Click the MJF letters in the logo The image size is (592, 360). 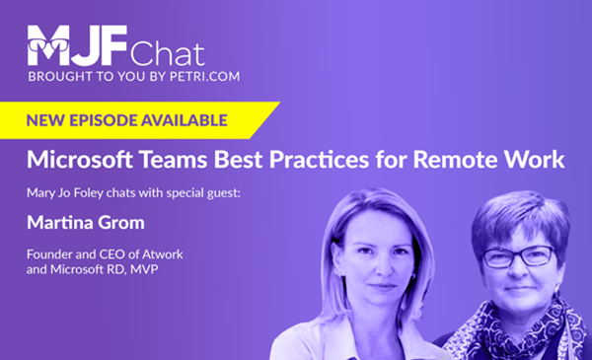77,45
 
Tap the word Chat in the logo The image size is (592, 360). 168,54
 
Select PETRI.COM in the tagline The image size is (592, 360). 204,76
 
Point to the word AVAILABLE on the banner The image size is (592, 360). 184,120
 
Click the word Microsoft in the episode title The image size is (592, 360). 80,159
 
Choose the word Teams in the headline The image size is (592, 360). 174,159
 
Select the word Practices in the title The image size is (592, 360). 319,159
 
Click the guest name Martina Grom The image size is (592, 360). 86,223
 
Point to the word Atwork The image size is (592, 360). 163,254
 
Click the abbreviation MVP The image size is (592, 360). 144,269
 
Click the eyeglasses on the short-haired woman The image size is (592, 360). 519,256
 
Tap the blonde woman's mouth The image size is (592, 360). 381,287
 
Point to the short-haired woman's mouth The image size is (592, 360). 518,289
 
